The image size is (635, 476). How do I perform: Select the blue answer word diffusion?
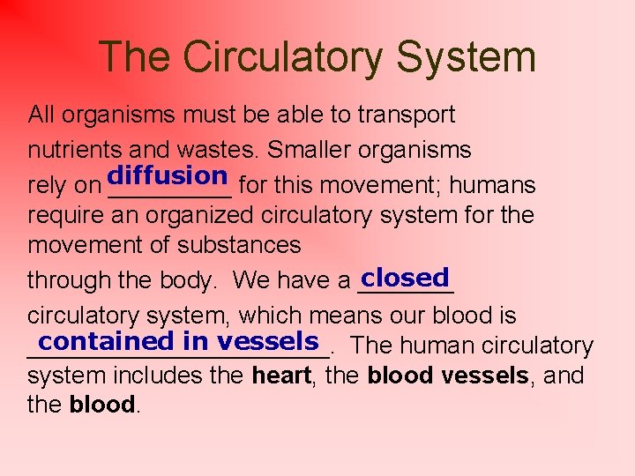(168, 175)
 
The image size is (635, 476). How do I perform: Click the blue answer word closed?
(406, 278)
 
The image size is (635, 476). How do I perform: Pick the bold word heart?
(281, 376)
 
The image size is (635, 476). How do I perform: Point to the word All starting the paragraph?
(41, 115)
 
